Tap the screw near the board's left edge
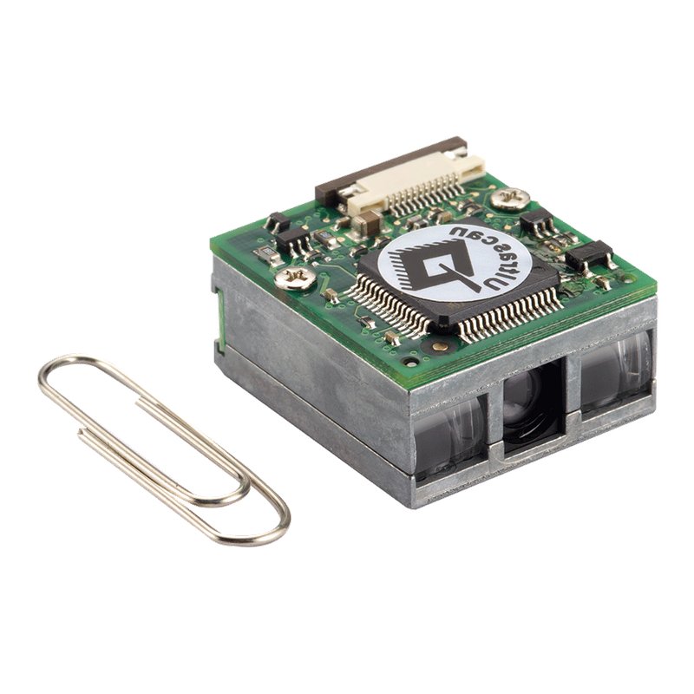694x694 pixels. click(295, 278)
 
